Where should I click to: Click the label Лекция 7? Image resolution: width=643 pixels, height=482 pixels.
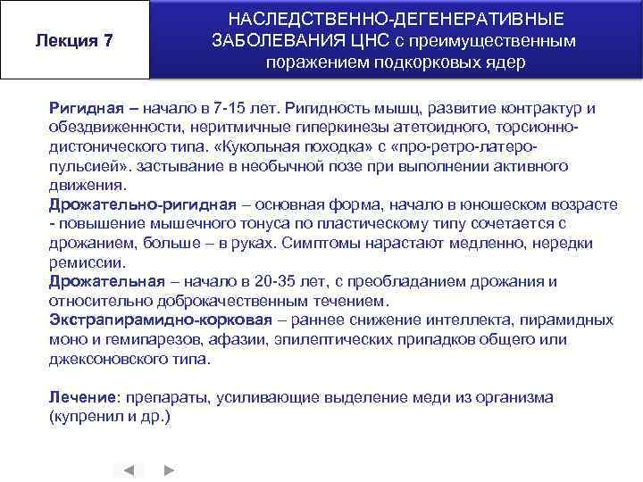74,40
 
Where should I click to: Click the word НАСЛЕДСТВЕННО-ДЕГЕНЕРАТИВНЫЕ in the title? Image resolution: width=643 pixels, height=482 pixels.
396,19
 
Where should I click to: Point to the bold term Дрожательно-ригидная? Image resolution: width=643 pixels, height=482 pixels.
143,204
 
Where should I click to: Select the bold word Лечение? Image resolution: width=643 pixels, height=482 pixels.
83,396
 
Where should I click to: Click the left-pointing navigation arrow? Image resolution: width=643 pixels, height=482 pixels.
129,470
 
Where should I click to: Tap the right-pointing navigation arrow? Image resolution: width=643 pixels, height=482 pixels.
170,470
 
